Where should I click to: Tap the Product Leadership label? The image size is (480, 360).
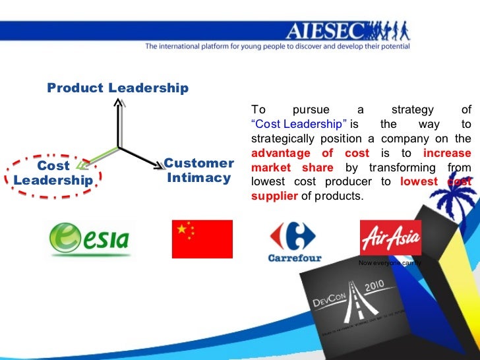(117, 88)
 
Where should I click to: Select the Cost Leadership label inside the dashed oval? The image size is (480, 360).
(53, 173)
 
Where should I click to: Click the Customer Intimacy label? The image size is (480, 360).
(198, 170)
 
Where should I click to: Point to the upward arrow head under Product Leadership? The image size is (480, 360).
(118, 102)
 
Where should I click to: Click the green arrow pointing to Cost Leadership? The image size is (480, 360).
(96, 157)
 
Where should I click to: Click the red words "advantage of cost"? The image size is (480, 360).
(310, 153)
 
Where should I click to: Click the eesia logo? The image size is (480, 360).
(90, 239)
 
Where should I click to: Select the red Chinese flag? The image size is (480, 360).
(202, 239)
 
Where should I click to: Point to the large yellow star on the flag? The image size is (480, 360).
(181, 228)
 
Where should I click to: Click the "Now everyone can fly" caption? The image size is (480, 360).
(389, 263)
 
